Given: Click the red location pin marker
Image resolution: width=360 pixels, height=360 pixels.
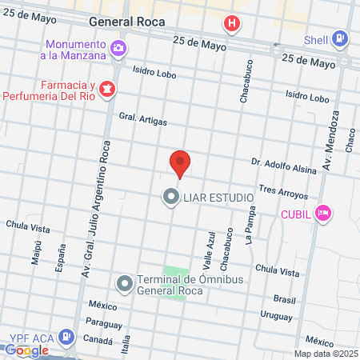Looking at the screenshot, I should (180, 162).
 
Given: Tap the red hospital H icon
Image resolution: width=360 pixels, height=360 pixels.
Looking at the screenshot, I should (231, 24).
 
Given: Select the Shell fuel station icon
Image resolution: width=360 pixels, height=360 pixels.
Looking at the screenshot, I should (341, 38).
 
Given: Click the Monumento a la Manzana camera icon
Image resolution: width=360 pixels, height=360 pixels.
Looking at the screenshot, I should (118, 49).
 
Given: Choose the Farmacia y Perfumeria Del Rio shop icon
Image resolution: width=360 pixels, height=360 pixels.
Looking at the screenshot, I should (106, 87).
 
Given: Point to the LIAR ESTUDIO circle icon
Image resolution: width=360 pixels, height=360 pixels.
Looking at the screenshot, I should (170, 197).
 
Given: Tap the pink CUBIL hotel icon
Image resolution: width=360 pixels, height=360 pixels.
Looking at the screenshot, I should (323, 213).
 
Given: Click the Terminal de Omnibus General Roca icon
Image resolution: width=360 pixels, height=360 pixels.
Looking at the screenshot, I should (124, 283).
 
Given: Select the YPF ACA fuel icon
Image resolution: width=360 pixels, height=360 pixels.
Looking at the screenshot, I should (68, 337).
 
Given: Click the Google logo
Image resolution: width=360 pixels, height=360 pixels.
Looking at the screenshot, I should (26, 350).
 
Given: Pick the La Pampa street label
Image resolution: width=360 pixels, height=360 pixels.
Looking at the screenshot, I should (250, 226).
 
